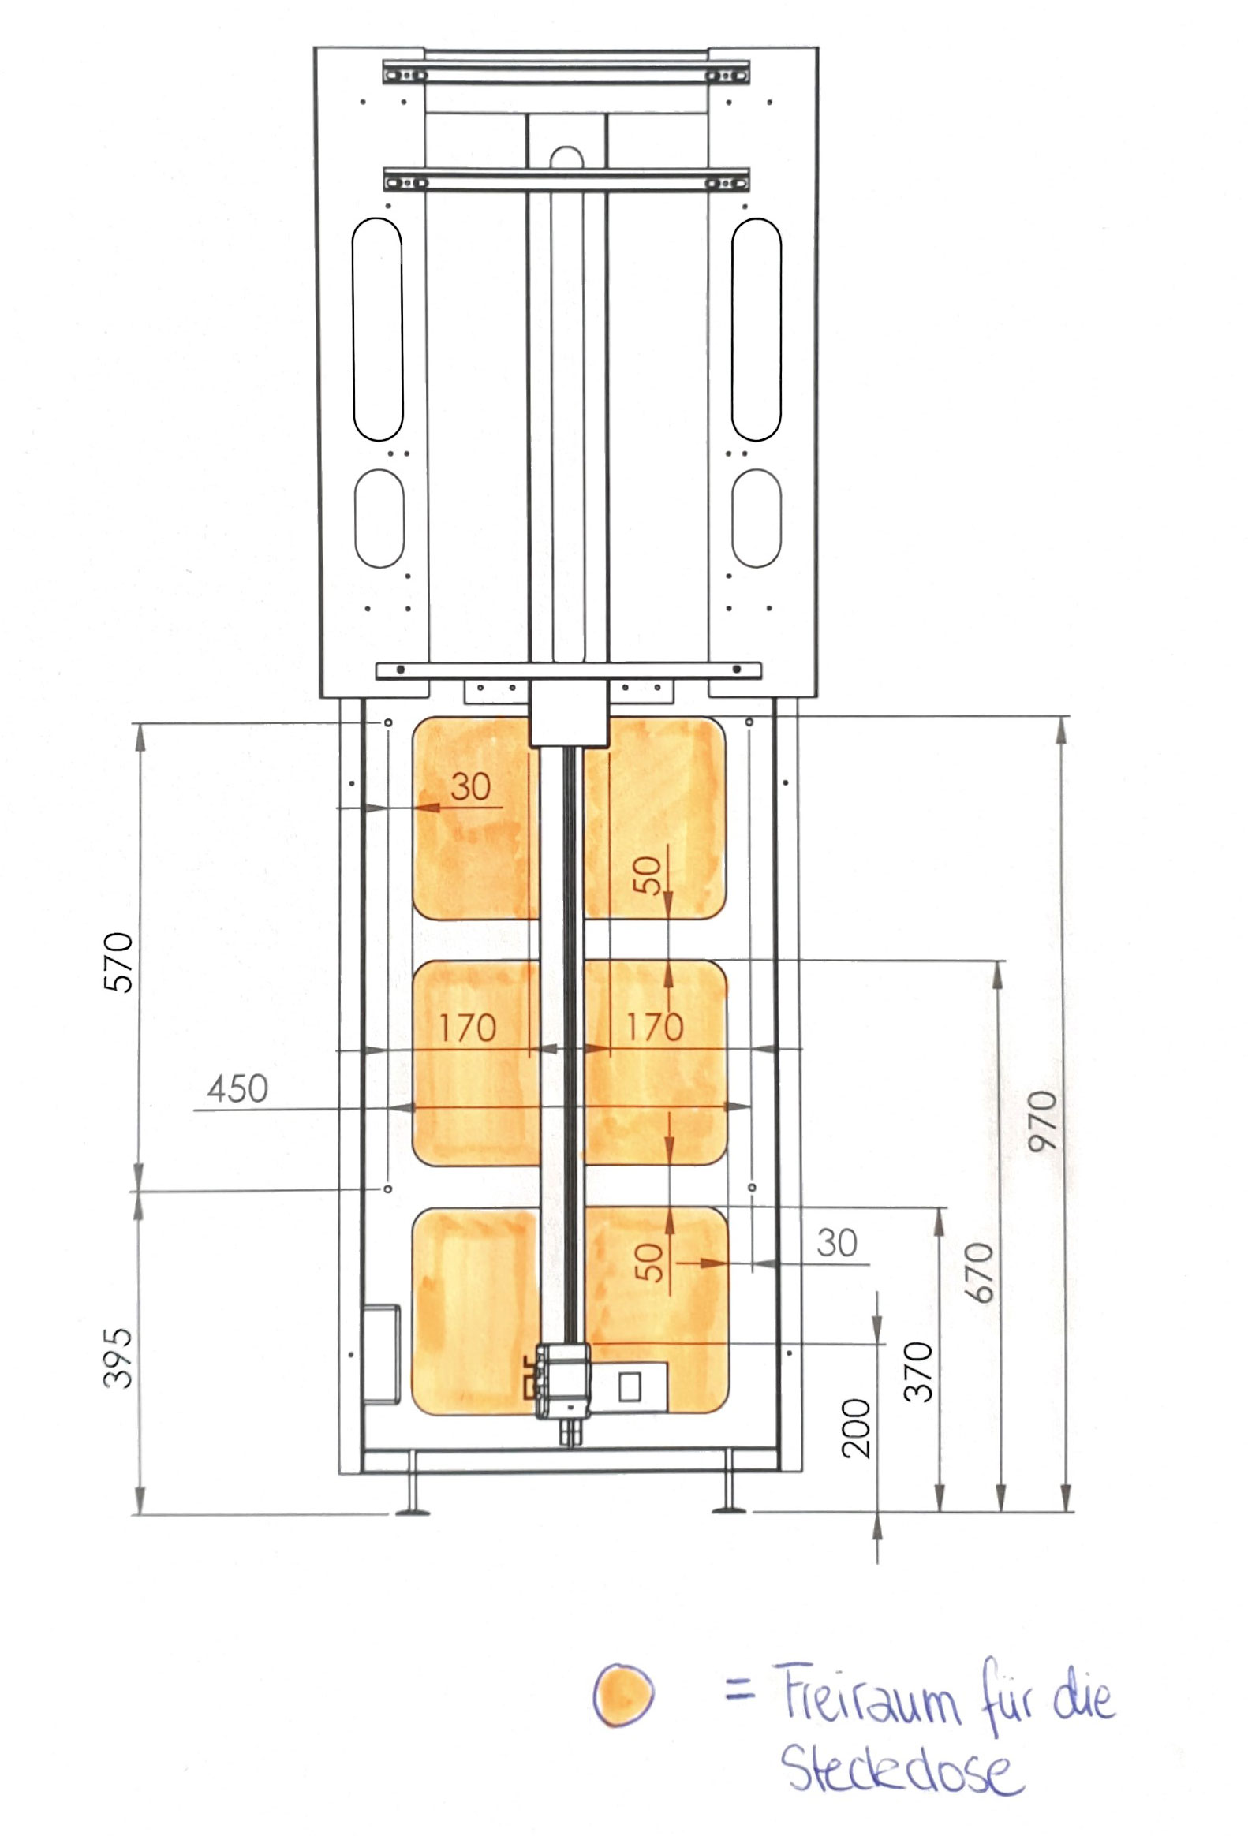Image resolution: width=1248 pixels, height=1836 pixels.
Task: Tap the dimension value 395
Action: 118,1357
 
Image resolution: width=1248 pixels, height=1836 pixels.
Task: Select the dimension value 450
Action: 238,1088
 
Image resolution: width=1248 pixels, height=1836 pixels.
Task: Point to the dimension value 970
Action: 1042,1120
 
